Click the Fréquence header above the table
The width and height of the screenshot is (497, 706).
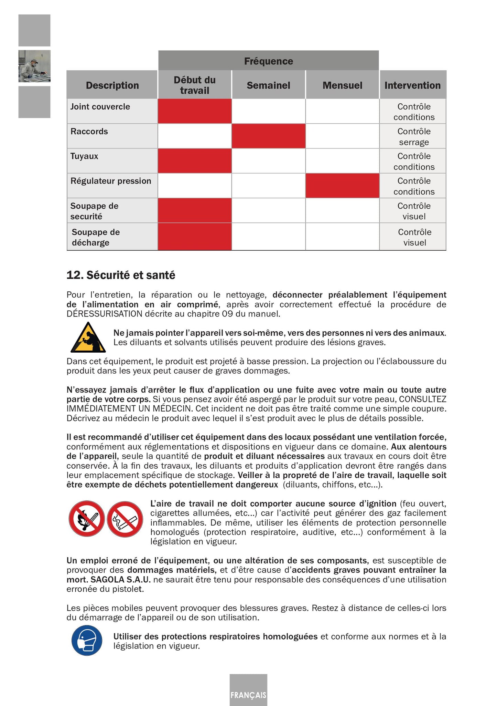tap(268, 61)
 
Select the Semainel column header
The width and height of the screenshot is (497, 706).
tap(268, 85)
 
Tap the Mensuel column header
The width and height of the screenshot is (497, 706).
tap(342, 85)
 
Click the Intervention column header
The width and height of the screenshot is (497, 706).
tap(412, 85)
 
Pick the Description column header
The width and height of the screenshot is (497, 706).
tap(112, 85)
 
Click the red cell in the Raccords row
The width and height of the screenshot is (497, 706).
tap(268, 136)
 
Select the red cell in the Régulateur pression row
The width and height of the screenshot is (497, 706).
tap(342, 186)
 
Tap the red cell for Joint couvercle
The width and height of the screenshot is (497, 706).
tap(195, 111)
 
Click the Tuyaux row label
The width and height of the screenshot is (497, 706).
tap(84, 156)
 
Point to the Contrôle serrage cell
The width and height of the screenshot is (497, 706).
tap(414, 136)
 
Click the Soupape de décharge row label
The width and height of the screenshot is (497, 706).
tap(96, 237)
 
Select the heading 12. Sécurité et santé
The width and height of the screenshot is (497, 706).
tap(121, 275)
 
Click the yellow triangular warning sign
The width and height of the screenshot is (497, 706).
tap(88, 338)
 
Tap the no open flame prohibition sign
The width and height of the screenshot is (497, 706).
tap(86, 519)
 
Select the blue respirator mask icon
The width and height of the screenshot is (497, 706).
tap(87, 641)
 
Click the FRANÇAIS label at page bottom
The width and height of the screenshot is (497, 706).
tap(248, 695)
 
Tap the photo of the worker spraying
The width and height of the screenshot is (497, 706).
tap(34, 66)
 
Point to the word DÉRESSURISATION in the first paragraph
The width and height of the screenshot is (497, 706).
tap(104, 314)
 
